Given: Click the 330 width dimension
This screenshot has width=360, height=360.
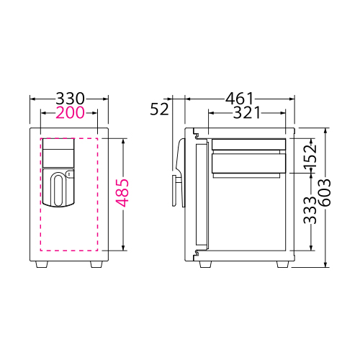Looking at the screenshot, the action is [71, 99].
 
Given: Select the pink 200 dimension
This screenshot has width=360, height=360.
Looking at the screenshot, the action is [70, 112].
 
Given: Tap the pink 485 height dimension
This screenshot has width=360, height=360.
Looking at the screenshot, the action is [122, 193].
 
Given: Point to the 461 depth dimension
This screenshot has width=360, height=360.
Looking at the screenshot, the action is [239, 99].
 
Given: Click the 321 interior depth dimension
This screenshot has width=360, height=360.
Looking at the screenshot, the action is [247, 112].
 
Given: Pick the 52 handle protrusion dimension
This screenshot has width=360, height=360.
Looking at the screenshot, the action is [159, 109].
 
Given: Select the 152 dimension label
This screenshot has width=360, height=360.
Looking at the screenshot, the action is [310, 156].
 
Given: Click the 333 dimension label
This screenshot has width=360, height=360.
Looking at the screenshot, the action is [310, 210].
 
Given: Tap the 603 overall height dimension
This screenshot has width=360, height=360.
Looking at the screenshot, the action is [325, 193].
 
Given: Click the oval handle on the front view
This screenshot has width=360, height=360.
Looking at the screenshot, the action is [58, 190].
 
